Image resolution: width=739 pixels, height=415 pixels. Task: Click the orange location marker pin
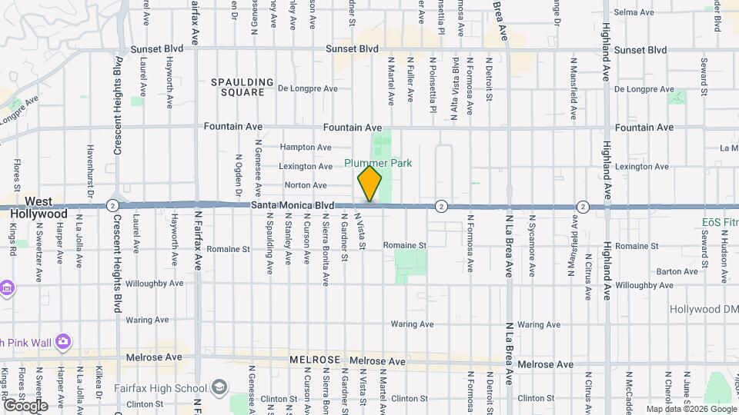(x=369, y=184)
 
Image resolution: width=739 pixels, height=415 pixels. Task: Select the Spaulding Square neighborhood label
(x=242, y=87)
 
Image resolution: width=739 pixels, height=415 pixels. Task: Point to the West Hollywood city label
(x=38, y=207)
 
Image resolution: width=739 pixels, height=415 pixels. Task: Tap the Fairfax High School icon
(x=221, y=387)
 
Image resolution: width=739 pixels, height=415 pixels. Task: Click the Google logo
(x=25, y=405)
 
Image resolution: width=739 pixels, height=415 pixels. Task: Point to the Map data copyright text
(x=689, y=409)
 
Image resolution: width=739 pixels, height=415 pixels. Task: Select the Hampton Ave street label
(x=305, y=147)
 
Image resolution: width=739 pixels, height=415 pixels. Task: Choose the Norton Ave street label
(x=306, y=185)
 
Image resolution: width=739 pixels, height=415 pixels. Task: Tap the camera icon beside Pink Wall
(x=62, y=340)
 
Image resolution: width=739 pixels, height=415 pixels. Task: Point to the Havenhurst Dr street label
(x=90, y=168)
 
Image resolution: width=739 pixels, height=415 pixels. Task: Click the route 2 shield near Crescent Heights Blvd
(x=112, y=205)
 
